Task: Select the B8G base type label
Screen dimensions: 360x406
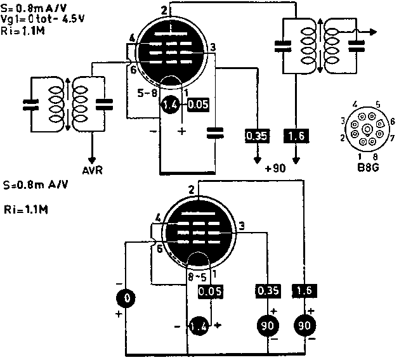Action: point(367,168)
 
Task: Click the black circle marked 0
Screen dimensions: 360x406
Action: point(127,297)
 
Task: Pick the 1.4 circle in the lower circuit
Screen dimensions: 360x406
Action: point(198,326)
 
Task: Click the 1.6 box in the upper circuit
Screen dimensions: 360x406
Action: point(295,135)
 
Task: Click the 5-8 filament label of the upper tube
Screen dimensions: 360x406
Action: point(148,93)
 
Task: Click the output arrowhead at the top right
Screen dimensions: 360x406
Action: point(374,30)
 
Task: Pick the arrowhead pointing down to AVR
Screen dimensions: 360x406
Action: point(92,158)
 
